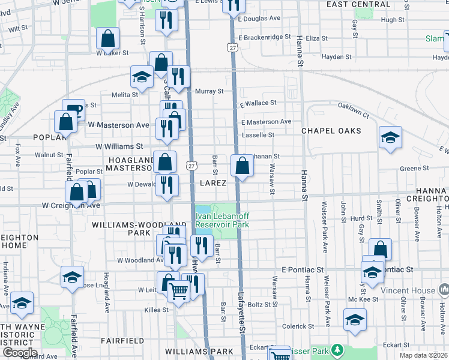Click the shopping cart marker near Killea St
click(178, 292)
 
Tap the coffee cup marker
click(73, 110)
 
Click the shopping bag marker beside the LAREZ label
click(241, 166)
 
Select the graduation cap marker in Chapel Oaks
click(390, 138)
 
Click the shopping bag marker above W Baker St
click(108, 38)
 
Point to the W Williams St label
click(119, 146)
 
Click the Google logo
click(19, 353)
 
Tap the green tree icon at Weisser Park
click(338, 349)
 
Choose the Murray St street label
click(209, 91)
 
